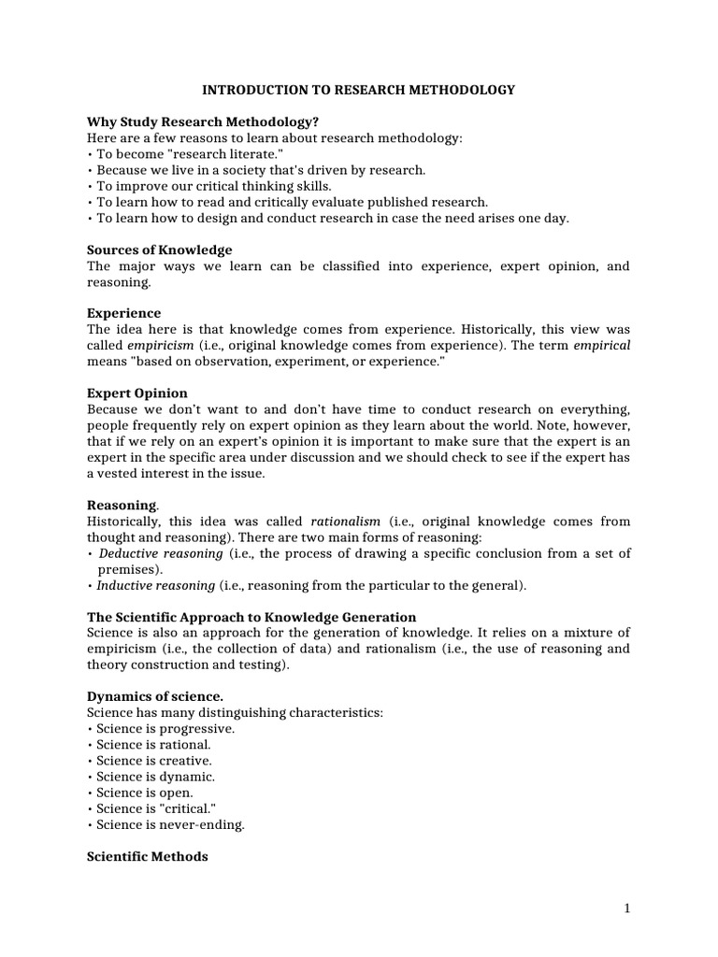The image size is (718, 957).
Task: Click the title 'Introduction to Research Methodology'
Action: (x=359, y=90)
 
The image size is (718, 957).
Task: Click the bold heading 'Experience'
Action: (x=123, y=313)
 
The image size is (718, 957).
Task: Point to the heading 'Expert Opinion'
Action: (x=136, y=393)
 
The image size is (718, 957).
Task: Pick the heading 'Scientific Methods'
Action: (x=147, y=856)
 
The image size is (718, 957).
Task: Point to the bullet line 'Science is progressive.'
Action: (x=165, y=728)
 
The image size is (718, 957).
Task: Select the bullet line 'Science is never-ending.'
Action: (x=170, y=824)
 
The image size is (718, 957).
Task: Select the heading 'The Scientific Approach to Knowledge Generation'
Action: (x=251, y=617)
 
